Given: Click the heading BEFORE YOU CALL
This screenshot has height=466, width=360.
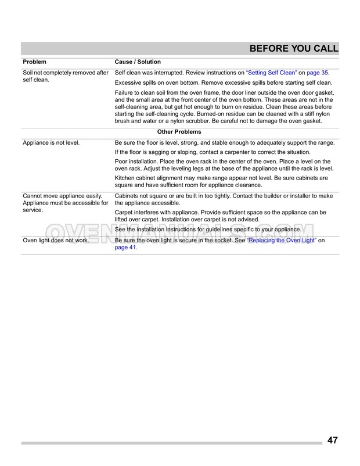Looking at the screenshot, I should (293, 48).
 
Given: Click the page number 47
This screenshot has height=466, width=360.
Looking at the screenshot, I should (332, 440).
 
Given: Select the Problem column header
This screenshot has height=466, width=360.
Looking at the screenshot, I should (34, 62).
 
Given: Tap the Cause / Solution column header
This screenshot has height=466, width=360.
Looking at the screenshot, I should (138, 62).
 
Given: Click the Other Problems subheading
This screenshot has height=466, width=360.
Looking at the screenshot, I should (179, 132).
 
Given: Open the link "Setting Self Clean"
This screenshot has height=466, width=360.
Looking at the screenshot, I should (272, 73).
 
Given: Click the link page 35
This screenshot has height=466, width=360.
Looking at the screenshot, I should (317, 73).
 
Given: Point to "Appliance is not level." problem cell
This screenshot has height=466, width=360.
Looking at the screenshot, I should (51, 142).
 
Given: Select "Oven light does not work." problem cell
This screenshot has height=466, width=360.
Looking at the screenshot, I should (56, 240).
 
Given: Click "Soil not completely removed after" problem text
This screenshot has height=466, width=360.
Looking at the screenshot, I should (66, 73).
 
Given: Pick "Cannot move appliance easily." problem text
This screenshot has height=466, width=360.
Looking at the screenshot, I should (62, 196).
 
